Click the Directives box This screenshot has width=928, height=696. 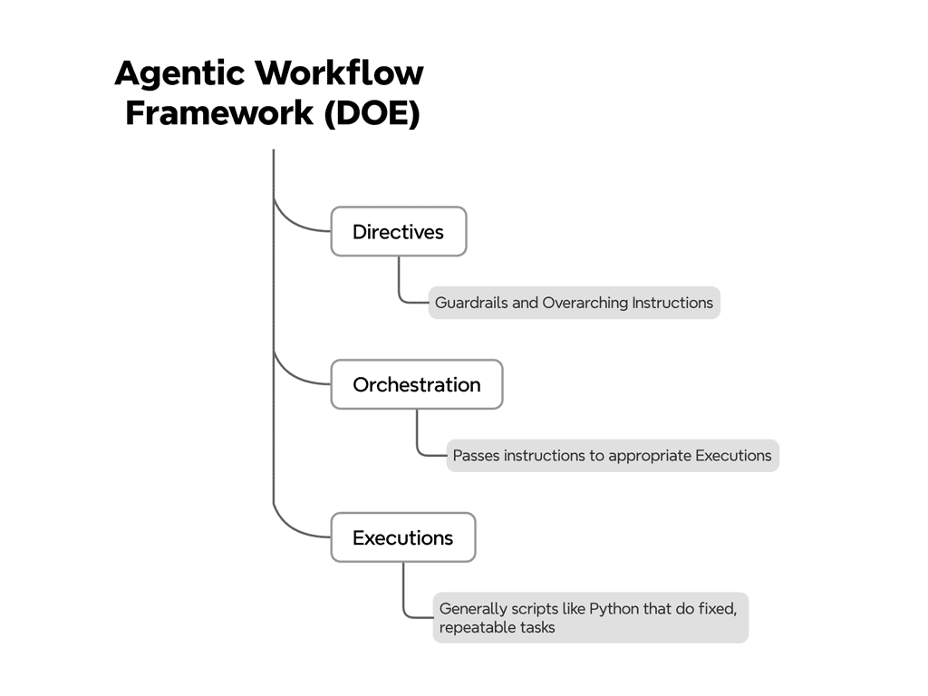coord(399,232)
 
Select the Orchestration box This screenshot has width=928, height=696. coord(417,385)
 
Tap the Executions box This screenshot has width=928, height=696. coord(403,538)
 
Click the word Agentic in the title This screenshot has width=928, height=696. coord(179,73)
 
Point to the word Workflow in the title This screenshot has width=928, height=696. coord(339,73)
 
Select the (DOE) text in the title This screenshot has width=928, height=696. coord(371,114)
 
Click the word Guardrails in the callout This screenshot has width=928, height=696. coord(471,303)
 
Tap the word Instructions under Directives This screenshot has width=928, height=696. coord(672,303)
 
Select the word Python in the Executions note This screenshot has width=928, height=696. coord(614,608)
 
